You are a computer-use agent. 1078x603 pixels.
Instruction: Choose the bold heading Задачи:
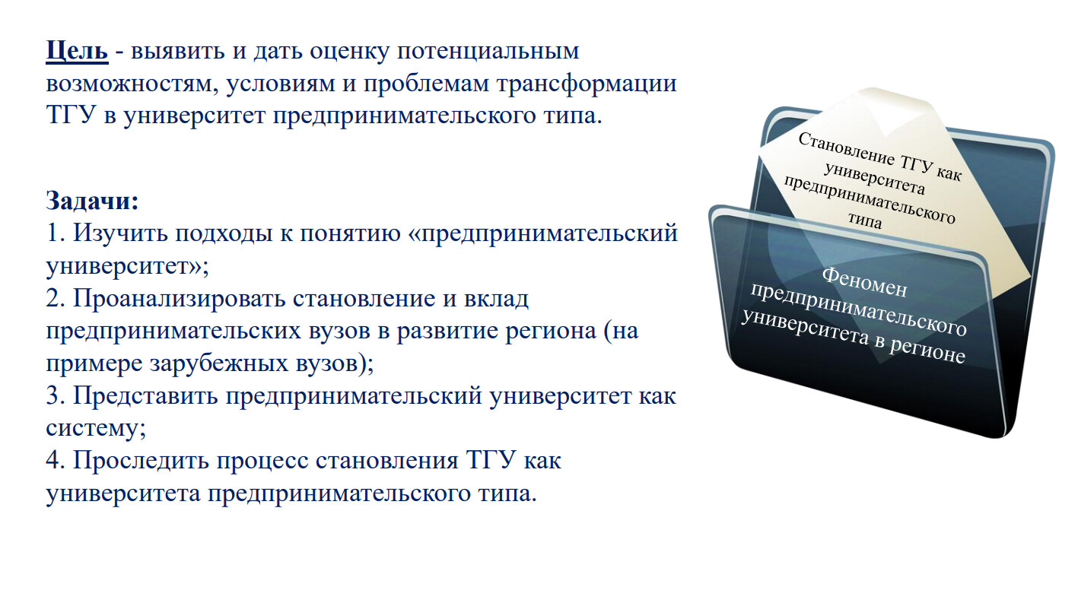click(92, 201)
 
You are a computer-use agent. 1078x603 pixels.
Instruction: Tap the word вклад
click(496, 299)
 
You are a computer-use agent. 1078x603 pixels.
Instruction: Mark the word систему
click(96, 429)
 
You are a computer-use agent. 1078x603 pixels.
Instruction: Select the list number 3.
click(55, 396)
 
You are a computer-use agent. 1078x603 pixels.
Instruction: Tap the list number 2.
click(55, 299)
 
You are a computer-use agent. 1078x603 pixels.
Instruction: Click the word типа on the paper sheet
click(865, 220)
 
